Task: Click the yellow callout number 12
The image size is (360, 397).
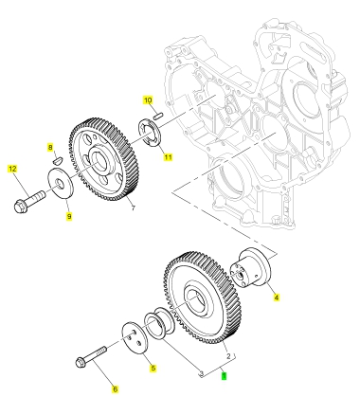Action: tap(12, 169)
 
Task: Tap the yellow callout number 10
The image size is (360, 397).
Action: tap(148, 100)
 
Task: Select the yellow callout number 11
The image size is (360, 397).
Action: tap(168, 156)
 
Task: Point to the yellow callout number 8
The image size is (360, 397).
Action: tap(50, 147)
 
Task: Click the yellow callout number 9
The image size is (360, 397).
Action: tap(69, 216)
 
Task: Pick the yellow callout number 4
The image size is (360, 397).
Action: tap(277, 298)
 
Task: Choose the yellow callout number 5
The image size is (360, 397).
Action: tap(153, 368)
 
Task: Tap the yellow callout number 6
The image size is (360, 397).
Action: tap(116, 389)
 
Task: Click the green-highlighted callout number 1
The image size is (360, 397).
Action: tap(224, 376)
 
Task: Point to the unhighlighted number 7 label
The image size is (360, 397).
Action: tap(134, 208)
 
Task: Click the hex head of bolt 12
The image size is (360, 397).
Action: tap(21, 207)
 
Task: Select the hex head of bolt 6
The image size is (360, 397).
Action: tap(81, 362)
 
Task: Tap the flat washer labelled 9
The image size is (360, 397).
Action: tap(61, 184)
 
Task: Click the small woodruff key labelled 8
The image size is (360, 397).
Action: tap(58, 160)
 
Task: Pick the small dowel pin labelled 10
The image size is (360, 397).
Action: tap(158, 116)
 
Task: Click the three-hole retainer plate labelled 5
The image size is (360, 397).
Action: tap(133, 339)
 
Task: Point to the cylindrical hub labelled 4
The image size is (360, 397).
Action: tap(251, 268)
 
